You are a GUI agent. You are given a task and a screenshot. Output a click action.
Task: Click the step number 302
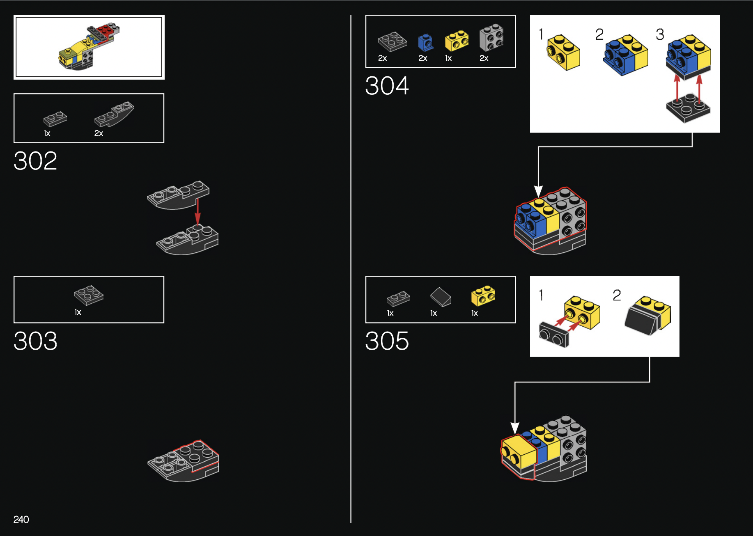coord(35,160)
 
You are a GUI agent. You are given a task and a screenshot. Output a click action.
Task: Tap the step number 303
coord(35,341)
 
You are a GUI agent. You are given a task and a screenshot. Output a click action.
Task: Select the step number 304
coord(387,86)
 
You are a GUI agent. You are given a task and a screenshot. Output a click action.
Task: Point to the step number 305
coord(387,341)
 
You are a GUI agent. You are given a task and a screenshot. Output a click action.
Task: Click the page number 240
coord(21,520)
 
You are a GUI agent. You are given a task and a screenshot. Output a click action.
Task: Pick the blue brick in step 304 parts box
coord(425,42)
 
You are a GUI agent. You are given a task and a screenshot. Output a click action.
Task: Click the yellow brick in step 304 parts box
coord(457,41)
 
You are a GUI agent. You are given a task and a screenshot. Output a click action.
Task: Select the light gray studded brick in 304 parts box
coord(491,37)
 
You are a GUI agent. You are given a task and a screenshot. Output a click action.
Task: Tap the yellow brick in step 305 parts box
coord(483,295)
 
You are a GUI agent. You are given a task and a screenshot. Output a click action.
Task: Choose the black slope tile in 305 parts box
coord(441,297)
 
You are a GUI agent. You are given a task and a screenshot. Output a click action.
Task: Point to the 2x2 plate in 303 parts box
coord(89,295)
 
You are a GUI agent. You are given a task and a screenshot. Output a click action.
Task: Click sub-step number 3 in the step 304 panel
coord(660,34)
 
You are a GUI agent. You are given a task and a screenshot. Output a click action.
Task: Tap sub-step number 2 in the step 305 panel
coord(617,295)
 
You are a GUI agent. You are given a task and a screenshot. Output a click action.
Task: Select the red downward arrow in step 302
coord(197,212)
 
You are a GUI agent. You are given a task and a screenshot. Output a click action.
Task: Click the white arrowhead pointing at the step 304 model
coord(538,191)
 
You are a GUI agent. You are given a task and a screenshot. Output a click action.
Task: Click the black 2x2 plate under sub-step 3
coord(688,108)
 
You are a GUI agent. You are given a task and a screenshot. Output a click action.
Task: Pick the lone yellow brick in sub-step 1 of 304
coord(563,52)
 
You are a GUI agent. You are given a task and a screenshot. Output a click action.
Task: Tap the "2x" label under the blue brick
coord(423,58)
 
